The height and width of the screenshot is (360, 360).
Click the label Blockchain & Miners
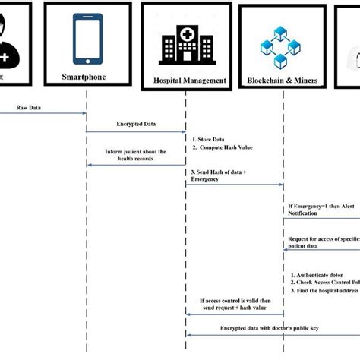coord(283,81)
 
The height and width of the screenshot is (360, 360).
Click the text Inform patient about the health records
coord(137,156)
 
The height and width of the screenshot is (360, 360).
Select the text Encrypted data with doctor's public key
coord(274,326)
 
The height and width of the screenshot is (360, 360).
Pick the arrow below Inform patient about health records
coord(137,165)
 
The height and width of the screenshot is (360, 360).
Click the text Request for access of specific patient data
coord(322,242)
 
